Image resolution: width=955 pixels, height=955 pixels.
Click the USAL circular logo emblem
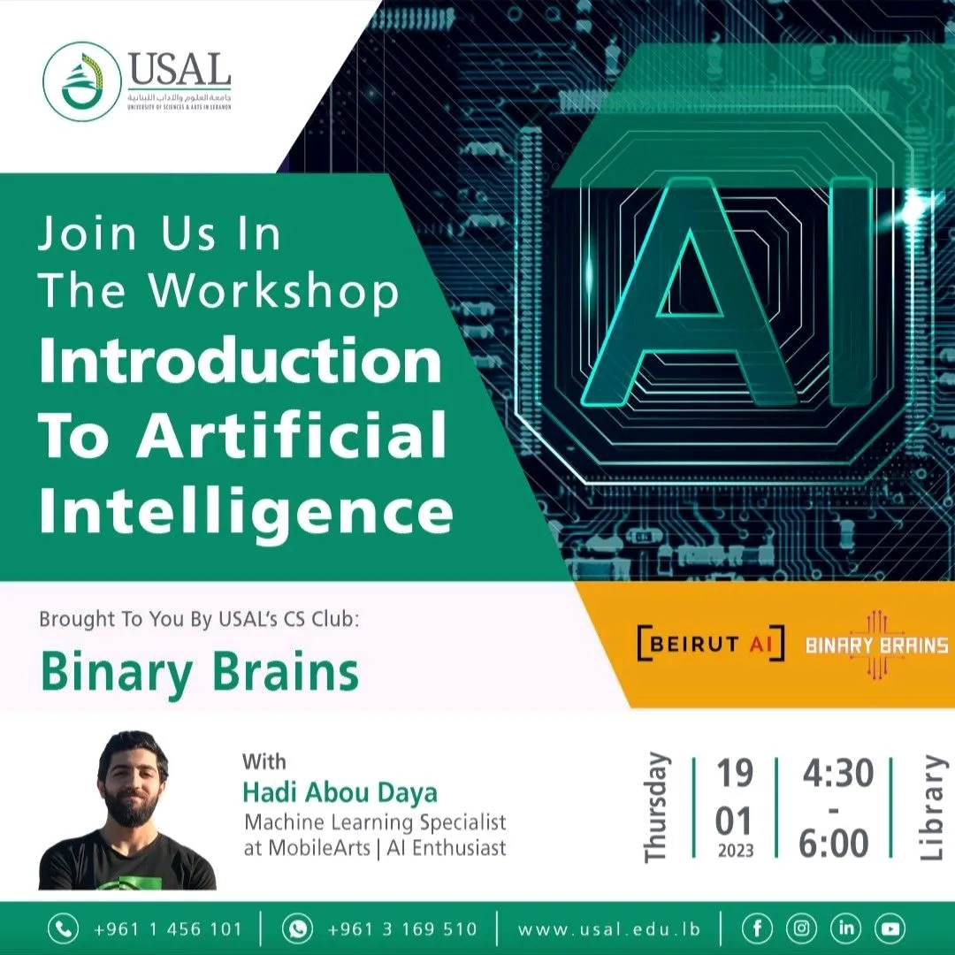pyautogui.click(x=81, y=81)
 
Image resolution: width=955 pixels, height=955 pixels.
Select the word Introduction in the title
pyautogui.click(x=240, y=362)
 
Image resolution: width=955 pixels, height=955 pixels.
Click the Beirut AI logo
pyautogui.click(x=710, y=644)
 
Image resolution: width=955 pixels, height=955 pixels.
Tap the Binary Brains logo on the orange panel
pyautogui.click(x=876, y=645)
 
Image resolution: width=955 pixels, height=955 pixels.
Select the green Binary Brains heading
pyautogui.click(x=200, y=673)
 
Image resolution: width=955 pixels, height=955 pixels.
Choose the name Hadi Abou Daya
pyautogui.click(x=340, y=791)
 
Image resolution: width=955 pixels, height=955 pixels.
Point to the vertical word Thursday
pyautogui.click(x=656, y=807)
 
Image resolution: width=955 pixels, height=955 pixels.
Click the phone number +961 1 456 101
pyautogui.click(x=167, y=929)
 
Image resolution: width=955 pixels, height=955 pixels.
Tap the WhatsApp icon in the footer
pyautogui.click(x=297, y=928)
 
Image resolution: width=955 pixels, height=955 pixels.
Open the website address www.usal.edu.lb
pyautogui.click(x=609, y=929)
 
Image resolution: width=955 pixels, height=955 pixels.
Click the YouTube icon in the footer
pyautogui.click(x=890, y=928)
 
